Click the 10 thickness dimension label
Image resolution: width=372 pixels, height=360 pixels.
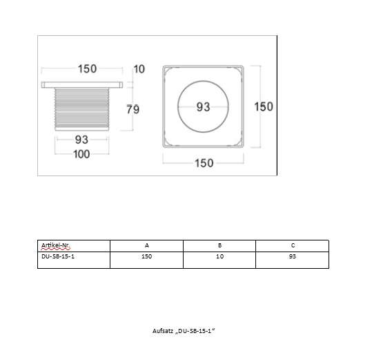click(139, 69)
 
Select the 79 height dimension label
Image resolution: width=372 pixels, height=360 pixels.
click(133, 109)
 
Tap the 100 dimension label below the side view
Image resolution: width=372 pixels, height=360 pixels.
click(81, 154)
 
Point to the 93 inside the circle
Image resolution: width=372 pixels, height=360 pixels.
click(203, 107)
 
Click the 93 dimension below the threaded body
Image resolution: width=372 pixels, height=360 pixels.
click(81, 140)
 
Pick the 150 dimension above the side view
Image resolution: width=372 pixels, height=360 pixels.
click(87, 69)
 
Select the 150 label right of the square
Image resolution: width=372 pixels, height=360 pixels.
click(264, 106)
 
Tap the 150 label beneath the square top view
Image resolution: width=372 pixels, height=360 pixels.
click(204, 163)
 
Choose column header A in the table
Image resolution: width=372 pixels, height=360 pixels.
click(147, 245)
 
